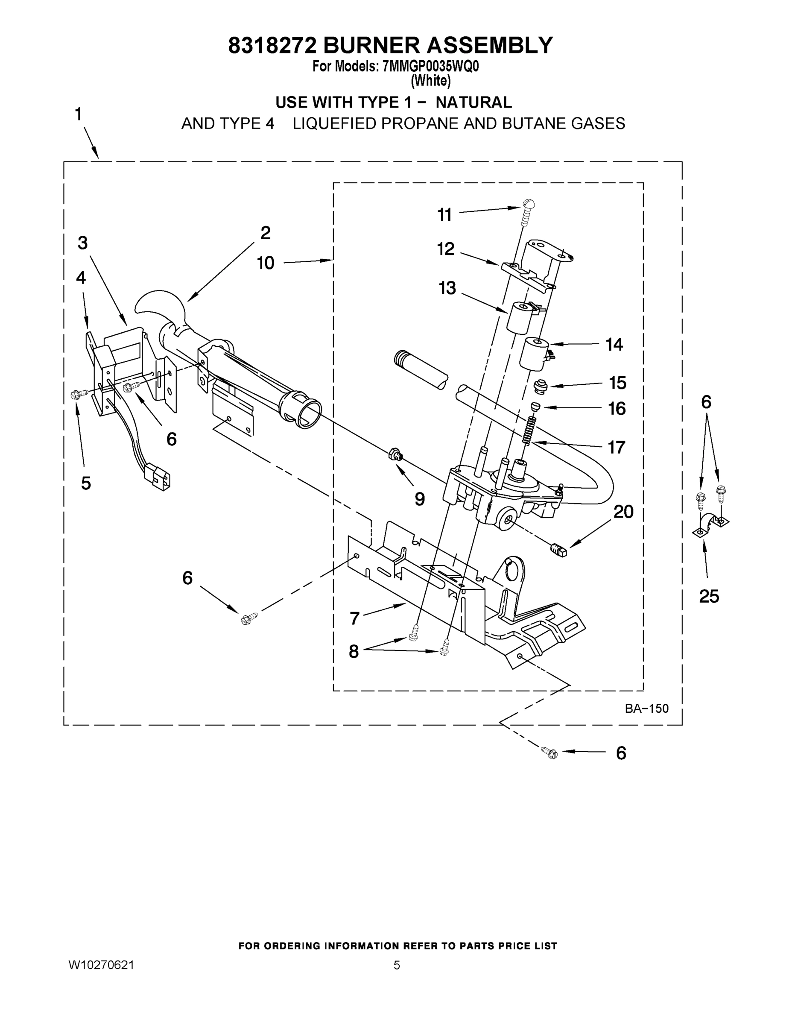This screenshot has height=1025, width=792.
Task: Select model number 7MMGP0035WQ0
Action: coord(430,67)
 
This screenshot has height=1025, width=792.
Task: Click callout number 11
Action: coord(444,215)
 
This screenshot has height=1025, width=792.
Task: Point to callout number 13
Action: coord(447,288)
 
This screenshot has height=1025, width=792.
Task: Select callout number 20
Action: coord(623,512)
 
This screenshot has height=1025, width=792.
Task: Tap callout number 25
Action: coord(708,597)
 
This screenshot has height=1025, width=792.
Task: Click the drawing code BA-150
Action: coord(646,708)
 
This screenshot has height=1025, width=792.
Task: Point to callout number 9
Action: coord(419,499)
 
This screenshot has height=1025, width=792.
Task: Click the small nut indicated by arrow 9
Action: coord(395,454)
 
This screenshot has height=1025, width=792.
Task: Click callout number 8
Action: coord(354,651)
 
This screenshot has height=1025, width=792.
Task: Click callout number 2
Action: coord(265,233)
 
